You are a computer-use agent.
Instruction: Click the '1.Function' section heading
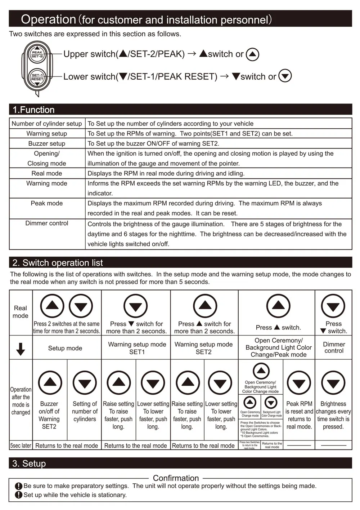pos(33,110)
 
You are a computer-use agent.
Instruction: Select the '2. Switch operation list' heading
pos(58,263)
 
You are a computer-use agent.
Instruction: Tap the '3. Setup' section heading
pos(29,463)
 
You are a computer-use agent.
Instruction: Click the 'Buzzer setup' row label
pos(47,143)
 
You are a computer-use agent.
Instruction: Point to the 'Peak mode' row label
pos(47,203)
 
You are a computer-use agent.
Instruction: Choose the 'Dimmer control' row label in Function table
pos(47,223)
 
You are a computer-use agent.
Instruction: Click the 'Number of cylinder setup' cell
pos(47,124)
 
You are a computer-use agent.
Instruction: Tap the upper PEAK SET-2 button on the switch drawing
pos(37,54)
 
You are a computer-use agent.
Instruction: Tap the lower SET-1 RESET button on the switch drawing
pos(37,77)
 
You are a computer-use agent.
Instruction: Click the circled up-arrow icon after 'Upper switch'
pos(253,54)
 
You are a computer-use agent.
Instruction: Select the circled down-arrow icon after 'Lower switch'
pos(285,76)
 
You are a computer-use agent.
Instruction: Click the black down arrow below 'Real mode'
pos(21,349)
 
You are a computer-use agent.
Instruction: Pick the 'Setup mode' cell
pos(65,348)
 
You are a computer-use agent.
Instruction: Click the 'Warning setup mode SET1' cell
pos(137,348)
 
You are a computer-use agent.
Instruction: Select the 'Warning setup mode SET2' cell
pos(203,348)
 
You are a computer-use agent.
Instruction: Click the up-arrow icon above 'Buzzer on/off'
pos(50,382)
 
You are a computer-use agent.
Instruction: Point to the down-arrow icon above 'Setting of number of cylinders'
pos(85,382)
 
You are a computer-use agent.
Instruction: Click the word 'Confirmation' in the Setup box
pos(176,478)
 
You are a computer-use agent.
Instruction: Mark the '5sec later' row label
pos(21,445)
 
